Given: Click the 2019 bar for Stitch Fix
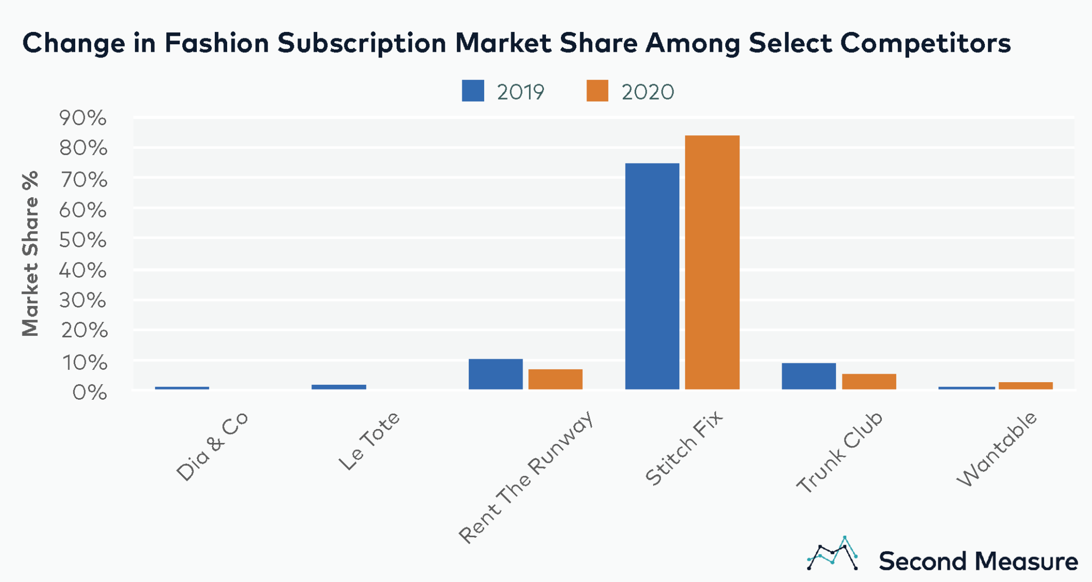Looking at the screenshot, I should coord(652,276).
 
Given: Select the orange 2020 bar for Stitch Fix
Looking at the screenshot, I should coord(712,262).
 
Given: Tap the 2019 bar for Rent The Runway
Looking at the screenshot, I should coord(495,374).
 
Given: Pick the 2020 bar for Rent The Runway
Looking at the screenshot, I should coord(555,379).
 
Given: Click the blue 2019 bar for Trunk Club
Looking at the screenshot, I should coord(808,376).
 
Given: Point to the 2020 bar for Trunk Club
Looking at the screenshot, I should coord(869,382).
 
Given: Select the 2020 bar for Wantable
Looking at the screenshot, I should coord(1025,385).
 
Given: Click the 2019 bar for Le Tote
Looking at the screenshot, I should coord(339,387).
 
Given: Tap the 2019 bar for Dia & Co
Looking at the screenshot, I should coord(182,388).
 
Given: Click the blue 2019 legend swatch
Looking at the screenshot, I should coord(473,91).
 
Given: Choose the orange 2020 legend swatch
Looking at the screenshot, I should coord(597,91).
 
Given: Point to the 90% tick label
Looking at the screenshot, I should coord(83,118).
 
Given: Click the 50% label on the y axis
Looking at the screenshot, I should coord(83,240).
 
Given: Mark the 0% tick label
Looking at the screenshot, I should coord(90,393).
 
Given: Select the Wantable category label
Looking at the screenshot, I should coord(997,449).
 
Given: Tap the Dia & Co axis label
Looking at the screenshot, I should coord(212,446).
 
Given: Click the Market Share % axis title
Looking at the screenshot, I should coord(30,254).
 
